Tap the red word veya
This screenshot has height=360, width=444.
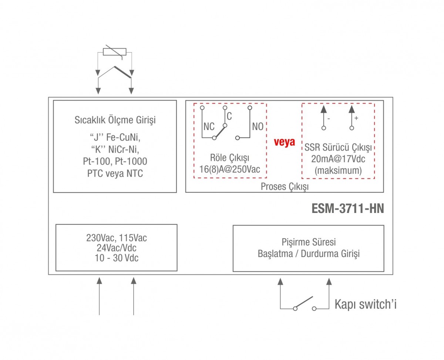point(284,142)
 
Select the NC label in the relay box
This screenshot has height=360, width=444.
point(209,126)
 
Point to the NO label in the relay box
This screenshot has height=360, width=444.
point(258,126)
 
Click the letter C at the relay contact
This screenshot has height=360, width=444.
point(229,116)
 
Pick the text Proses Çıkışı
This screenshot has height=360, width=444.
point(284,187)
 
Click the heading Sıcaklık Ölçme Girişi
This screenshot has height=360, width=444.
point(115,120)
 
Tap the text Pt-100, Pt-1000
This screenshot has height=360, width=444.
point(115,161)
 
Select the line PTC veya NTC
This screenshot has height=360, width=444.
point(115,173)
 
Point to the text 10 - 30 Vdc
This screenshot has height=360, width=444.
point(116,258)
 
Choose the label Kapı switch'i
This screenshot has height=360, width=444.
point(365,304)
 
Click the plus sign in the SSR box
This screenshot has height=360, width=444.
point(356,118)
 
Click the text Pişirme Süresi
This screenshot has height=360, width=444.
point(308,243)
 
